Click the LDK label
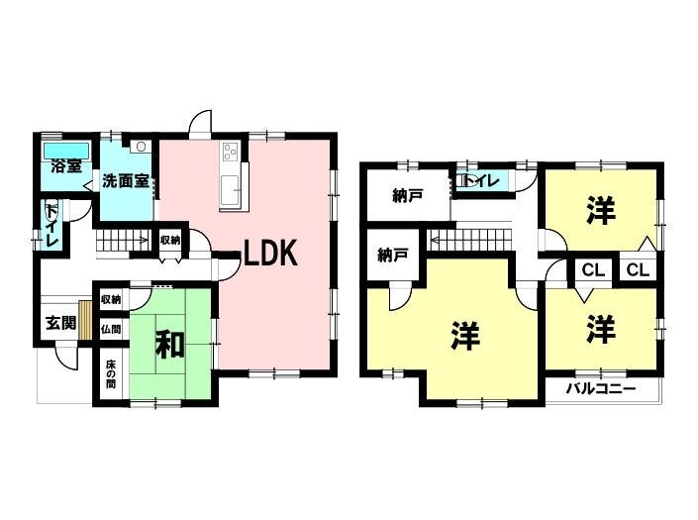[270, 253]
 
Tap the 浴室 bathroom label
[66, 166]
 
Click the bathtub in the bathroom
[66, 151]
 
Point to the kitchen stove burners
[230, 152]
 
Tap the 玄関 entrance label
[61, 323]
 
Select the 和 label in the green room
[169, 344]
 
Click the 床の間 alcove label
[111, 374]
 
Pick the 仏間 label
[111, 330]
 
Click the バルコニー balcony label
[601, 389]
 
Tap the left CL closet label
[593, 269]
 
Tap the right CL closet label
[638, 269]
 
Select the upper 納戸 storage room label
[407, 196]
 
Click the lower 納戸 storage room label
[392, 256]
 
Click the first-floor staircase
[123, 241]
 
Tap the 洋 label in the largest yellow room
[465, 335]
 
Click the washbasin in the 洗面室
[141, 147]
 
